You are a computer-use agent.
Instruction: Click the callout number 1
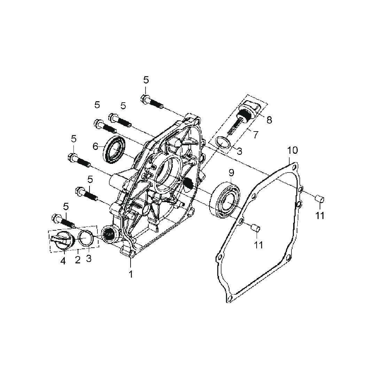point(131,274)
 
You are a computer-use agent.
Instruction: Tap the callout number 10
point(292,150)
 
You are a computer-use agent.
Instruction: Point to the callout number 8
point(269,120)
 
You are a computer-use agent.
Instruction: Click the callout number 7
point(256,135)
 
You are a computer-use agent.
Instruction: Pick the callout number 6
point(95,146)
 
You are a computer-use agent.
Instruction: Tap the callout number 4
point(63,261)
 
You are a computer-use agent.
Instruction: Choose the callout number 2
point(78,260)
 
